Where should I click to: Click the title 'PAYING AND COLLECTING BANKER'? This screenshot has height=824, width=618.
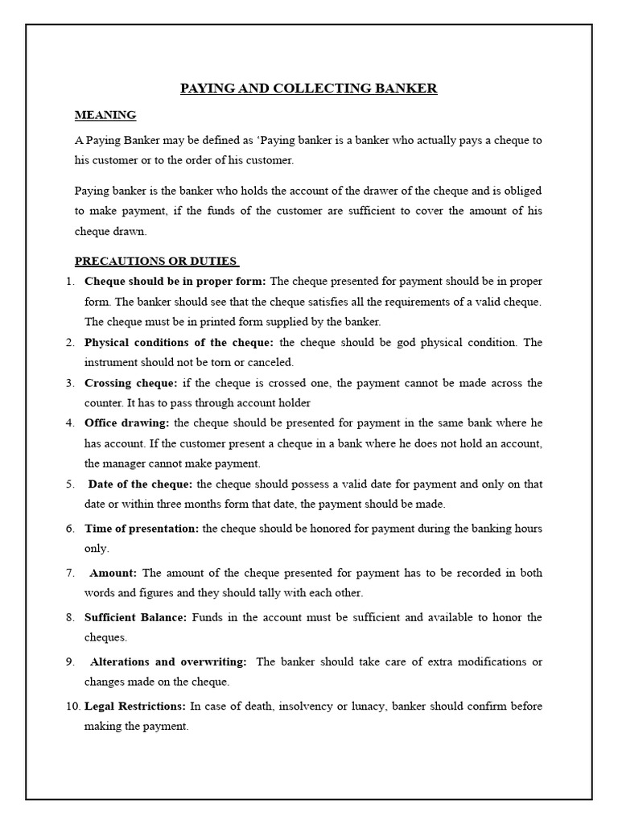click(x=308, y=89)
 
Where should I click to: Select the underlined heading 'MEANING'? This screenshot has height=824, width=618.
click(x=105, y=115)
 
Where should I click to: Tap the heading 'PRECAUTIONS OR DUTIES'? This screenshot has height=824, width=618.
click(x=157, y=261)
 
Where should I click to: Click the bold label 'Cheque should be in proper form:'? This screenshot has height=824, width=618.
click(x=175, y=281)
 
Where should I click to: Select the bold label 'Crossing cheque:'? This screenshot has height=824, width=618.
click(x=131, y=382)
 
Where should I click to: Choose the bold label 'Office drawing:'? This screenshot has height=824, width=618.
click(x=127, y=422)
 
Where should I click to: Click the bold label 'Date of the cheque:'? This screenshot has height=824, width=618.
click(x=140, y=484)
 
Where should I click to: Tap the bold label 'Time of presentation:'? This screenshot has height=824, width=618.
click(x=142, y=529)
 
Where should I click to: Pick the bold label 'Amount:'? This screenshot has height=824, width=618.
click(x=113, y=573)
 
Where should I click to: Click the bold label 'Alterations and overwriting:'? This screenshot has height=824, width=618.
click(x=168, y=661)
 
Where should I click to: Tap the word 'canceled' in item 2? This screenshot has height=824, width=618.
click(x=272, y=362)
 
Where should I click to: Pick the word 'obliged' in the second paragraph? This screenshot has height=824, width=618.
click(x=522, y=191)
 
